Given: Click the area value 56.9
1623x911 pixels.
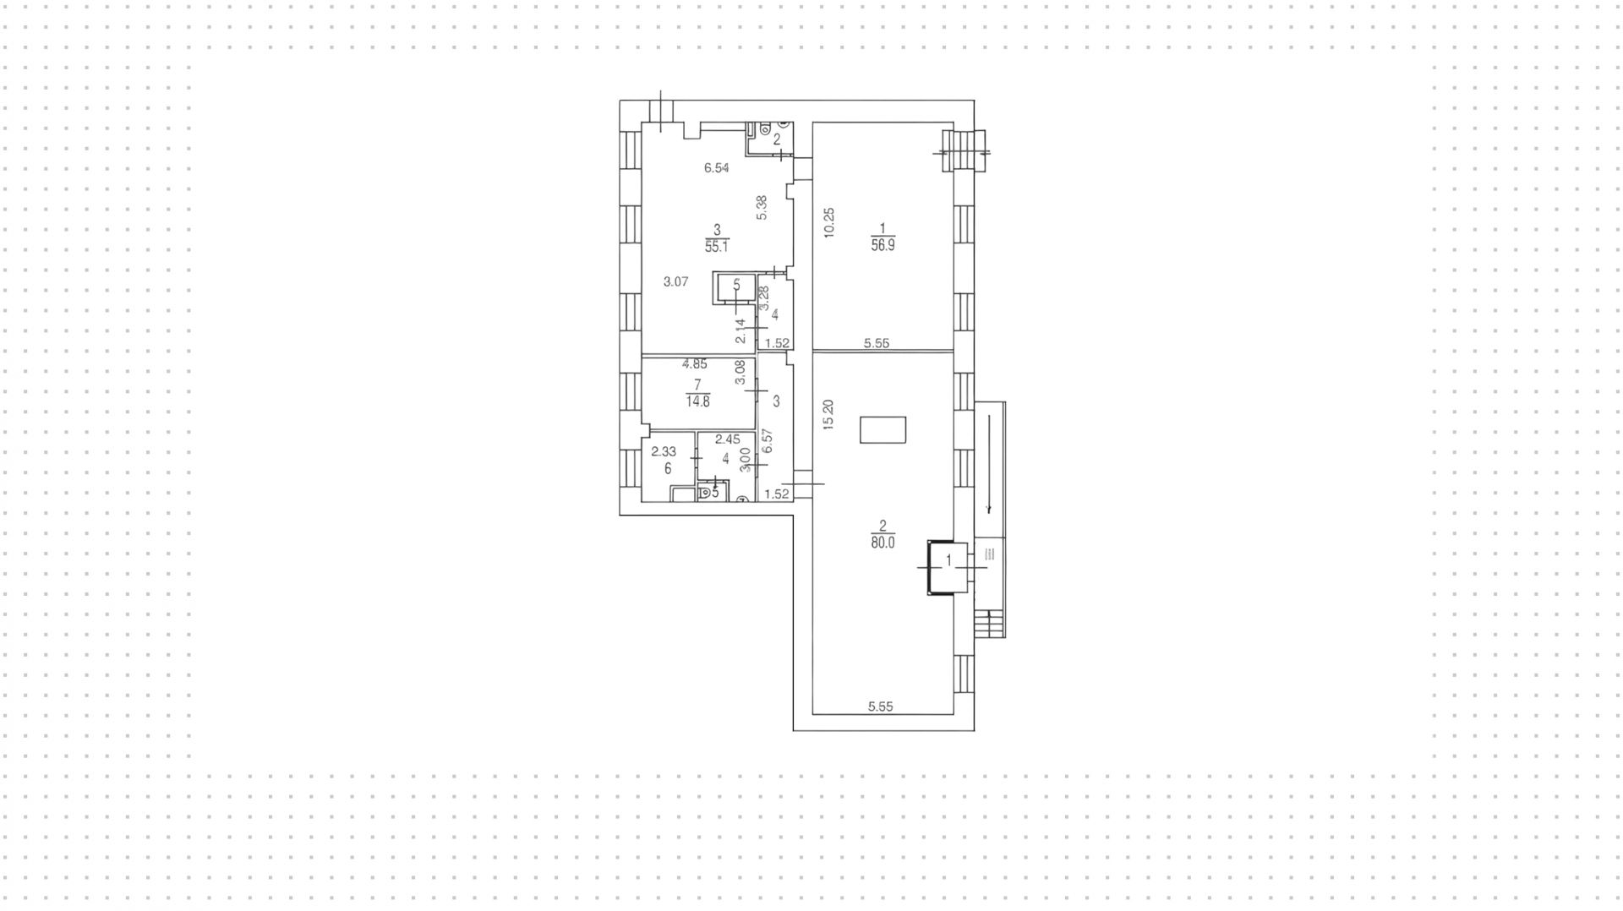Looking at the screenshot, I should (883, 246).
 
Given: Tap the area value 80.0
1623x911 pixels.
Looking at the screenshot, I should (882, 543).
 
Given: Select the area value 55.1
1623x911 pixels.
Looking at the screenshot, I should (717, 247).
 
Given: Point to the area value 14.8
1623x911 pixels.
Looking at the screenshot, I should (697, 401).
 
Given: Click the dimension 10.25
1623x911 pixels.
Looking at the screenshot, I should (829, 222).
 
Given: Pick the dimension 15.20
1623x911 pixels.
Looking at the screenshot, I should (828, 415).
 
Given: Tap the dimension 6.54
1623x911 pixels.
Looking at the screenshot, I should (717, 168).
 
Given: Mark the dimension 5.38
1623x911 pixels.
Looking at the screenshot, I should (762, 208).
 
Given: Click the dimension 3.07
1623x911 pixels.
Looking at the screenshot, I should (675, 282).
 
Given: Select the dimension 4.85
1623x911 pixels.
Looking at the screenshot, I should (695, 364).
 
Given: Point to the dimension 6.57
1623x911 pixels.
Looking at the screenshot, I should (768, 441).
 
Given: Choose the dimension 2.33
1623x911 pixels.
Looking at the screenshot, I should (664, 452).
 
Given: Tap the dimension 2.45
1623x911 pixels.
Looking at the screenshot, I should (727, 439).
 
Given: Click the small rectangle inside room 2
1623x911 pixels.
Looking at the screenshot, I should (883, 429).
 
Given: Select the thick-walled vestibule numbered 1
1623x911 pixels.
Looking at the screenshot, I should (948, 567).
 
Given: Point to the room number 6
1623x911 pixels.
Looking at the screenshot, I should (668, 468).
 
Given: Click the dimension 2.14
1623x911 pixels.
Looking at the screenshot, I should (740, 330).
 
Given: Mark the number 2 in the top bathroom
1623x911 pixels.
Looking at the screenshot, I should (777, 140).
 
